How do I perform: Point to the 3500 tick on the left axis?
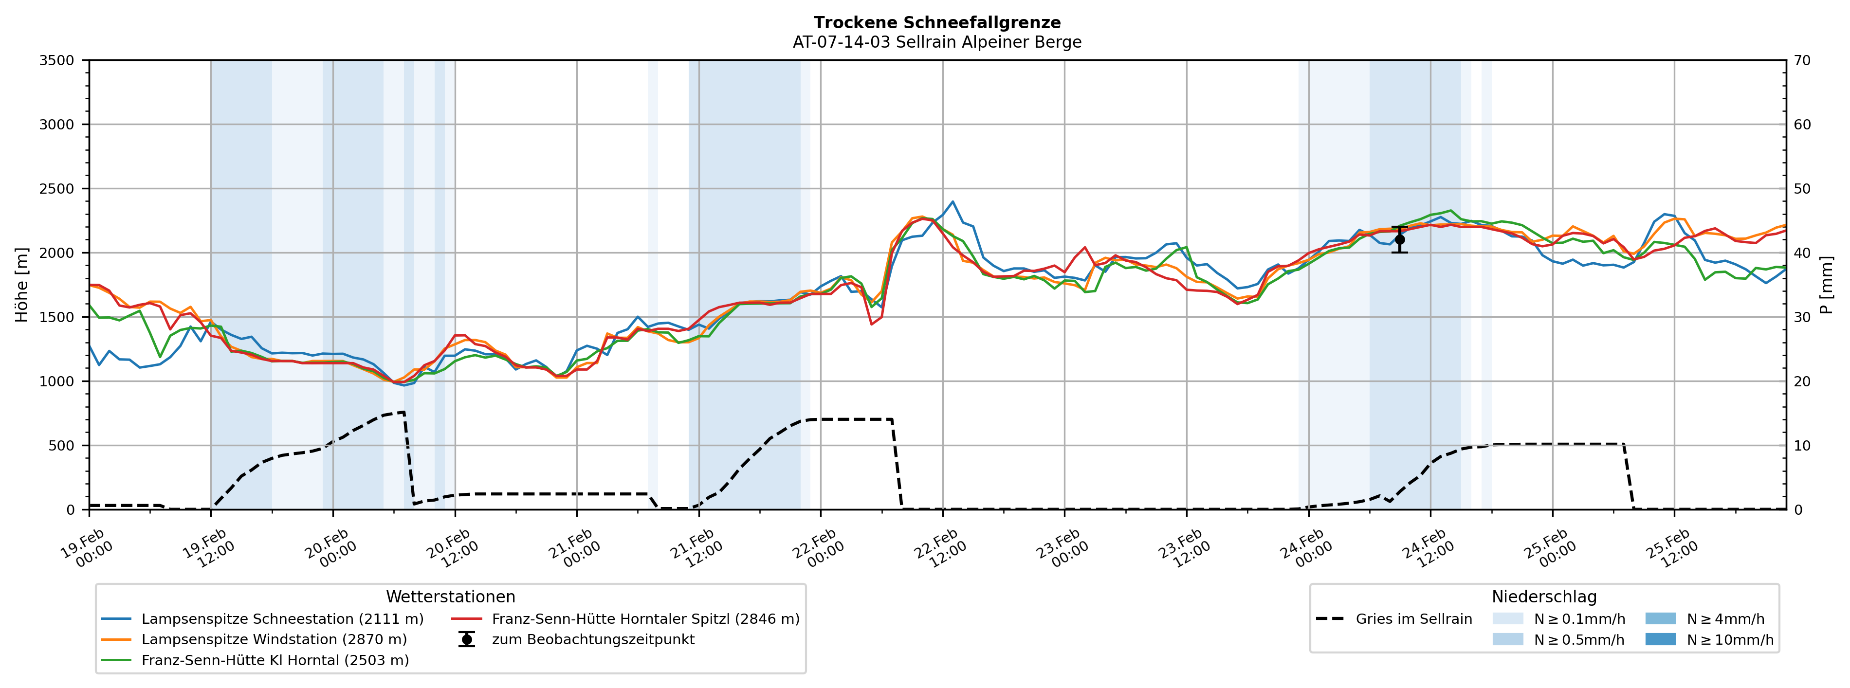57,60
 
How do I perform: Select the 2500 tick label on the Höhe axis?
57,189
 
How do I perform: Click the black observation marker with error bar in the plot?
1399,240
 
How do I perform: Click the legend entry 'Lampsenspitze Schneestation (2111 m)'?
282,619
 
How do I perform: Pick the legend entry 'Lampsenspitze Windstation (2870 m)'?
274,640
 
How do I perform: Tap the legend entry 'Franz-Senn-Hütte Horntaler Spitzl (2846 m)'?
645,619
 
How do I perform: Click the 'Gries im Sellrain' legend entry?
1413,619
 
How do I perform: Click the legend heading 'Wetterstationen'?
450,597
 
